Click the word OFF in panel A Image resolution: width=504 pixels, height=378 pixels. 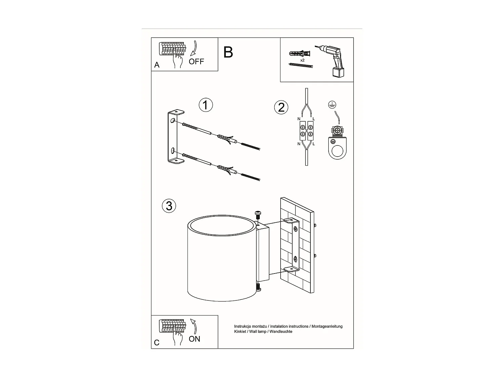[x=196, y=61]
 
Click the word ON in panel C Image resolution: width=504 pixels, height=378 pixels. [x=194, y=339]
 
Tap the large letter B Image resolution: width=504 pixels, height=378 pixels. [x=228, y=52]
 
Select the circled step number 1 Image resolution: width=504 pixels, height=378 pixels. [x=206, y=105]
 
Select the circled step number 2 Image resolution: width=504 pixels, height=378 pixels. [x=281, y=107]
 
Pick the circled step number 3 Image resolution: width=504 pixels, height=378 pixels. [x=169, y=206]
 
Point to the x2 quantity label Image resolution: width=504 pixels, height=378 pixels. [x=302, y=60]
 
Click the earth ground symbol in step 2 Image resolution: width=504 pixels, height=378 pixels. [x=332, y=105]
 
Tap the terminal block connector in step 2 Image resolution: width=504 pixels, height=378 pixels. [x=306, y=131]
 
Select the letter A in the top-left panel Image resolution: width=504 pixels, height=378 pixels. [x=157, y=65]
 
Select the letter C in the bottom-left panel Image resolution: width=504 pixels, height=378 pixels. [x=157, y=343]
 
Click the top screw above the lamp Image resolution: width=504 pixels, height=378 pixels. [x=258, y=214]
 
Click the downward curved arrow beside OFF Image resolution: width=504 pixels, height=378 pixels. [x=194, y=48]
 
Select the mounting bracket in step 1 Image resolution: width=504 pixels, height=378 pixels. [x=173, y=137]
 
